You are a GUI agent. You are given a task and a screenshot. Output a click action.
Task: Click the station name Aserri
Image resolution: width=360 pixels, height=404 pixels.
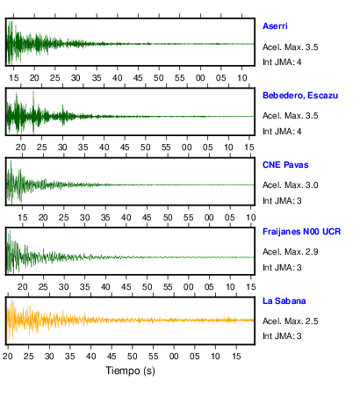coord(275,26)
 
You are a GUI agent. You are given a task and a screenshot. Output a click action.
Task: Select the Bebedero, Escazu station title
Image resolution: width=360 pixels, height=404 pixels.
coord(300,96)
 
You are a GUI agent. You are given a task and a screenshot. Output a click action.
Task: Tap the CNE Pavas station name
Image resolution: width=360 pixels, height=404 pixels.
coord(285,165)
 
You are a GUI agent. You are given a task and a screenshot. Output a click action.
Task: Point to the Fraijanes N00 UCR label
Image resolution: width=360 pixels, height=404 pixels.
coord(302,232)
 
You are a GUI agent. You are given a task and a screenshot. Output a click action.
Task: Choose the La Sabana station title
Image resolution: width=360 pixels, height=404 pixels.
coord(284,301)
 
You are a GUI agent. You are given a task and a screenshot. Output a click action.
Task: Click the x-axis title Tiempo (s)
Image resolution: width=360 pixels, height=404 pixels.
coord(130,371)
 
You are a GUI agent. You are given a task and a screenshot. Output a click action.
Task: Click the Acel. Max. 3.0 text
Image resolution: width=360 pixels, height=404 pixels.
coord(291,185)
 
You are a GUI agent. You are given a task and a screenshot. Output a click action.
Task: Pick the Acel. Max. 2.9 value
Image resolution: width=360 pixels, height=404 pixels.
coord(291,252)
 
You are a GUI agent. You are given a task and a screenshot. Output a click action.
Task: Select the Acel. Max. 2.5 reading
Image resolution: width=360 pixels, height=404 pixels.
coord(291,321)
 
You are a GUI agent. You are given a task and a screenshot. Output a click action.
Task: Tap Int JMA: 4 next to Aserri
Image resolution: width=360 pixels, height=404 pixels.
coord(282,62)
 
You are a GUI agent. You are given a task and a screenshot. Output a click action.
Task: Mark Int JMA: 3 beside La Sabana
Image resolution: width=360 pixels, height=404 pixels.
coord(282,336)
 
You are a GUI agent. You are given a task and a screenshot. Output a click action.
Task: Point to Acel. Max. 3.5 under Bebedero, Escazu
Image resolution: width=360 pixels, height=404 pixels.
coord(291,116)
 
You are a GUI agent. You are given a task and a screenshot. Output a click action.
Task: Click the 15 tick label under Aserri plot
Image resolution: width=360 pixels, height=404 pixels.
coord(14,78)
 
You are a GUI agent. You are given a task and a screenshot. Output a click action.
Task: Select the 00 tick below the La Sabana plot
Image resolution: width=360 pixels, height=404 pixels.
coord(174,357)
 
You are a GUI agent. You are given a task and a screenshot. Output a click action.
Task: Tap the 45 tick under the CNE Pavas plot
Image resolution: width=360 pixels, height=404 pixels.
coord(147,218)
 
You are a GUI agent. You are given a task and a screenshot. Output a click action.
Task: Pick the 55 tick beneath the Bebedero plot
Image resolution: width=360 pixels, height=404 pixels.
coord(166,147)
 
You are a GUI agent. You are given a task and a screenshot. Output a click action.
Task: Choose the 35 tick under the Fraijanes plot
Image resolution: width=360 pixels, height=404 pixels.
coord(85,287)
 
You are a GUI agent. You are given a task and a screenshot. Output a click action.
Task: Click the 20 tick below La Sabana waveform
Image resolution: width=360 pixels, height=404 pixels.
coord(8,357)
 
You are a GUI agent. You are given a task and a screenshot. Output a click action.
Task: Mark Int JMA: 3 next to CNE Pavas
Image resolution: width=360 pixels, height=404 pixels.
coord(282,201)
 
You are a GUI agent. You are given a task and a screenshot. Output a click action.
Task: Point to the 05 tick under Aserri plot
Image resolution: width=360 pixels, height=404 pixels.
coord(221,78)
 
